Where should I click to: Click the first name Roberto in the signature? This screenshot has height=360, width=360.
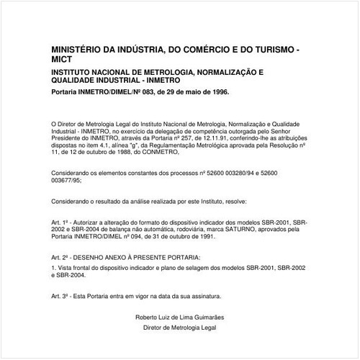click(148, 318)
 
